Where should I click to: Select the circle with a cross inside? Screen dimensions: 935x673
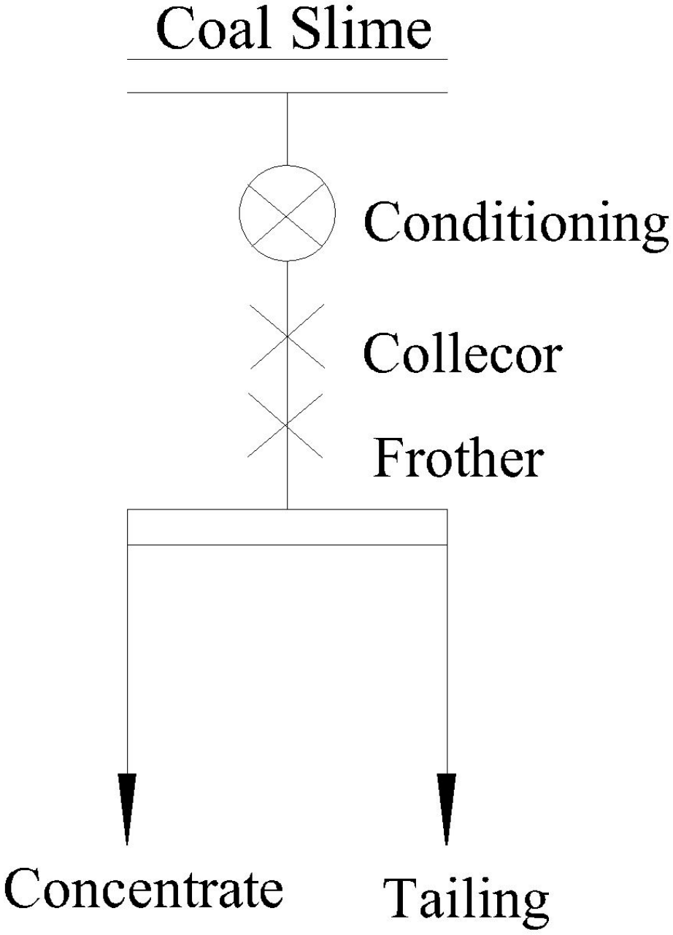tap(287, 212)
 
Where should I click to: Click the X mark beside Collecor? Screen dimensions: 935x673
tap(287, 336)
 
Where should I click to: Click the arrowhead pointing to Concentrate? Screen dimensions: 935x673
tap(128, 807)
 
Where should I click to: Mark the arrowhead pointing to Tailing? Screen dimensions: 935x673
tap(446, 807)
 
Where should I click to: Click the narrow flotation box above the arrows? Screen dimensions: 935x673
tap(287, 527)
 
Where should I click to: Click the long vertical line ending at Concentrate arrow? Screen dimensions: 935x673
tap(128, 657)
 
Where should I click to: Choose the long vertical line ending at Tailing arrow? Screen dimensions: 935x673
tap(446, 657)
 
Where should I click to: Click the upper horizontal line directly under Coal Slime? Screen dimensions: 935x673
tap(287, 59)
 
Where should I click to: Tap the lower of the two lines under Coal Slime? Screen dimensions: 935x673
tap(287, 93)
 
